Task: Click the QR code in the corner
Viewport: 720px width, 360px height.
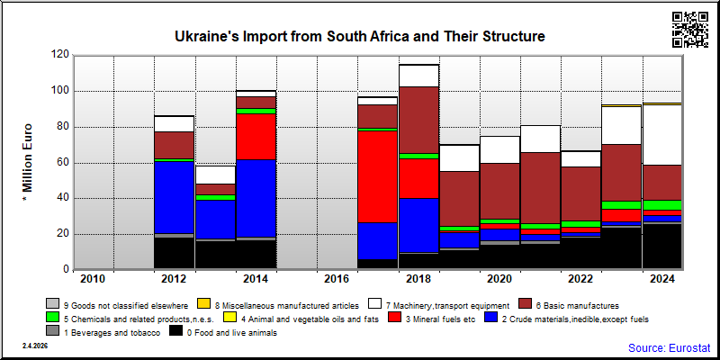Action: (690, 30)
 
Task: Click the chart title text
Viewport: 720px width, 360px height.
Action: (359, 36)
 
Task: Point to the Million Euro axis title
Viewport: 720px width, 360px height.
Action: (27, 163)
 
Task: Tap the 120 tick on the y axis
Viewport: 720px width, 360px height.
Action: (59, 56)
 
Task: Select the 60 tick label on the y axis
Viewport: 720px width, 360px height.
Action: (62, 163)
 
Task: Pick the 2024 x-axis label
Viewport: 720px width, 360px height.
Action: (662, 279)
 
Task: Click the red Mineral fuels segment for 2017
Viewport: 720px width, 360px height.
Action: (378, 176)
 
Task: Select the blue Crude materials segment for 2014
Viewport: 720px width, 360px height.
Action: (256, 198)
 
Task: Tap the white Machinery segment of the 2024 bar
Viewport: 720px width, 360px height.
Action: (662, 135)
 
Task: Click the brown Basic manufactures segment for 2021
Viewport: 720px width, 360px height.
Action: (541, 188)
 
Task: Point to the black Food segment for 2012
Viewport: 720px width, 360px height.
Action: (175, 253)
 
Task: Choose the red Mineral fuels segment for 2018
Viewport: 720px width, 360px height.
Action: (418, 178)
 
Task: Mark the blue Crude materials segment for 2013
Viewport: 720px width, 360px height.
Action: (215, 220)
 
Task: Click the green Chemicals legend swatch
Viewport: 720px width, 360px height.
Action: (51, 318)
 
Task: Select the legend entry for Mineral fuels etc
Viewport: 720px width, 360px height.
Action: (432, 319)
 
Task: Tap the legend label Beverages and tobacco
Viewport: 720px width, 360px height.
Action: (103, 333)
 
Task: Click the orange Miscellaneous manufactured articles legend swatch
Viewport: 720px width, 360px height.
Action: (203, 303)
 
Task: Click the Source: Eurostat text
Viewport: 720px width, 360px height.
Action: (669, 347)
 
